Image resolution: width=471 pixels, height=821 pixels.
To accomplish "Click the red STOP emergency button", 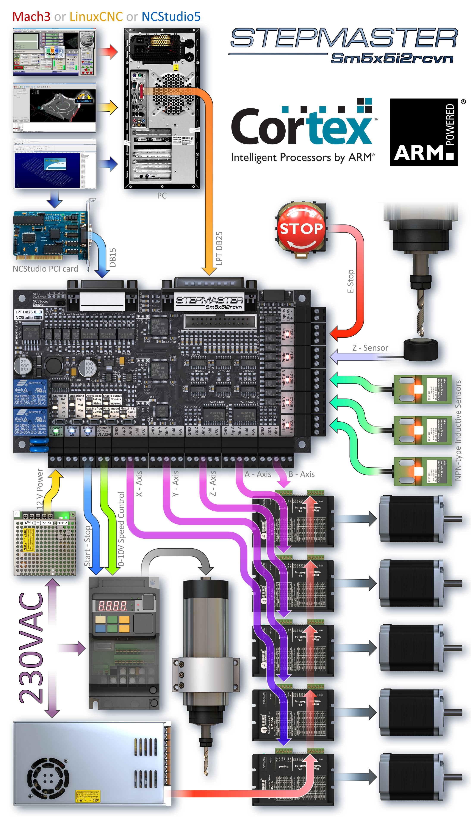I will (x=301, y=229).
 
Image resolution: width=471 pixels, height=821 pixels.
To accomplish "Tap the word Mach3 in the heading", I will (x=31, y=17).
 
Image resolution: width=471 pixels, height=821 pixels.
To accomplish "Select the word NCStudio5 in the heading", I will (x=171, y=17).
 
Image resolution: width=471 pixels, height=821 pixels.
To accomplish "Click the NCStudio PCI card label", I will (x=45, y=269).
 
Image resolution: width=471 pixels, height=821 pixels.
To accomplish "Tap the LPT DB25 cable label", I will (x=219, y=248).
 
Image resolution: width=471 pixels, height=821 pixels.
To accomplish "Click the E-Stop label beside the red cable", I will (x=350, y=281).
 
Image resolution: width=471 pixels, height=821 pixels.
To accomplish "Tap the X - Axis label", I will (x=139, y=484).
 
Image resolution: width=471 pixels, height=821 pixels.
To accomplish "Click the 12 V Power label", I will (x=39, y=489).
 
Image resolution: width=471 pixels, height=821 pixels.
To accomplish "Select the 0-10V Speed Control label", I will (x=121, y=529).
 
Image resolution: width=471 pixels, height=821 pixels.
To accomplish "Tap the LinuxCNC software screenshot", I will (x=54, y=107).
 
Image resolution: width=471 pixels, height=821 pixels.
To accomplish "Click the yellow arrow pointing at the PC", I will (x=110, y=107).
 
